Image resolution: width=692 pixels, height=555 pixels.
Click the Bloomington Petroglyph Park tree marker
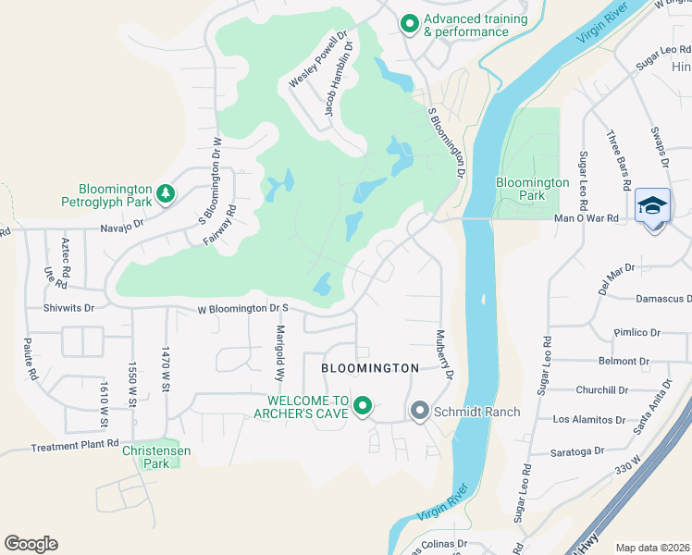(x=165, y=192)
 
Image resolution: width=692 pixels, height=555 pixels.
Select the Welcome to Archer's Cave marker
(x=363, y=405)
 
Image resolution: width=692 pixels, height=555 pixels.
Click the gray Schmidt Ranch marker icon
(x=419, y=409)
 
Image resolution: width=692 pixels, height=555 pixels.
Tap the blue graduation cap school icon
(x=652, y=205)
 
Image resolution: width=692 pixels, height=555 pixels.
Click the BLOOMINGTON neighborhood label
(x=370, y=368)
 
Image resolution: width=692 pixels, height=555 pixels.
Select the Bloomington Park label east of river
(x=532, y=190)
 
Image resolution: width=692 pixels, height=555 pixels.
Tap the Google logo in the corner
(x=31, y=544)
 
